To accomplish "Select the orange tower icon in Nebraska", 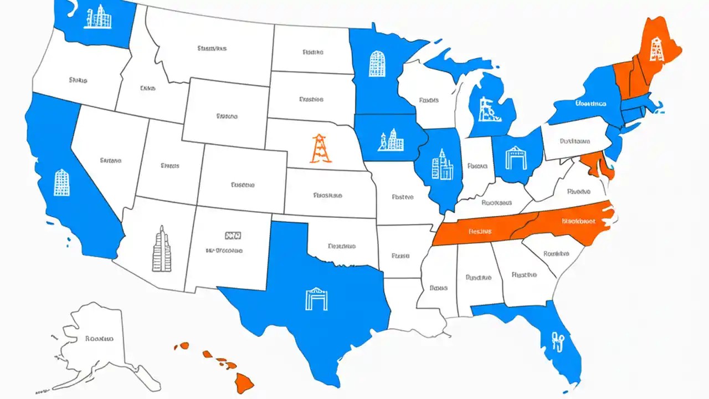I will point(321,149).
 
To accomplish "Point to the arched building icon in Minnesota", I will point(377,64).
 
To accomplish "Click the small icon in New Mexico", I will point(233,236).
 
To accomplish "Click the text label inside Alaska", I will point(100,338).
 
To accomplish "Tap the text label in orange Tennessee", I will point(480,231).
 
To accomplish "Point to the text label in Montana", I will point(212,49).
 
